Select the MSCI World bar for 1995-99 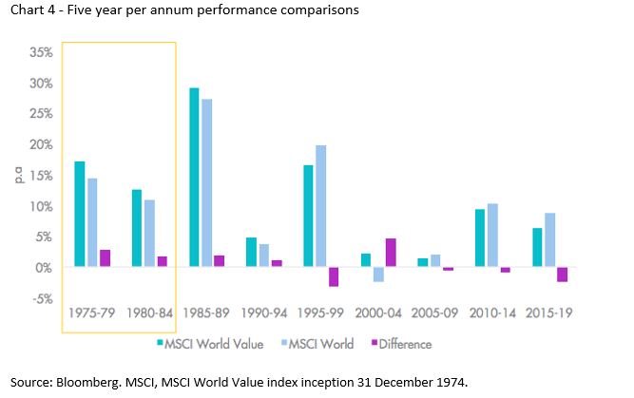[x=321, y=206]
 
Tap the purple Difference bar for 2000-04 [x=391, y=253]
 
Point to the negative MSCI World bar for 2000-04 [x=377, y=275]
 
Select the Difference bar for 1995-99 [x=334, y=276]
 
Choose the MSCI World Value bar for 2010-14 [x=480, y=238]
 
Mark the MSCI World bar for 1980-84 [x=149, y=234]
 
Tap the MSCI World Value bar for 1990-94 [x=251, y=253]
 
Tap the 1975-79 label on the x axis [x=92, y=313]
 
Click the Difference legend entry [x=402, y=344]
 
